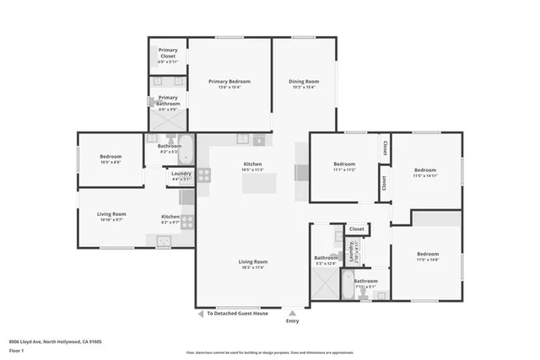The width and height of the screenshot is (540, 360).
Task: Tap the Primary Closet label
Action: [x=169, y=56]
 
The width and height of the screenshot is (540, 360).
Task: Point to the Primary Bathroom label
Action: [x=169, y=100]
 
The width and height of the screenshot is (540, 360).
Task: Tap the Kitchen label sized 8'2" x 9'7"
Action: [x=170, y=218]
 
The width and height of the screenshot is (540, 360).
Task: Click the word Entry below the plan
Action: [x=292, y=320]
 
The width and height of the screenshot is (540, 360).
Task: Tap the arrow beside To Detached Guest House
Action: [x=201, y=313]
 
